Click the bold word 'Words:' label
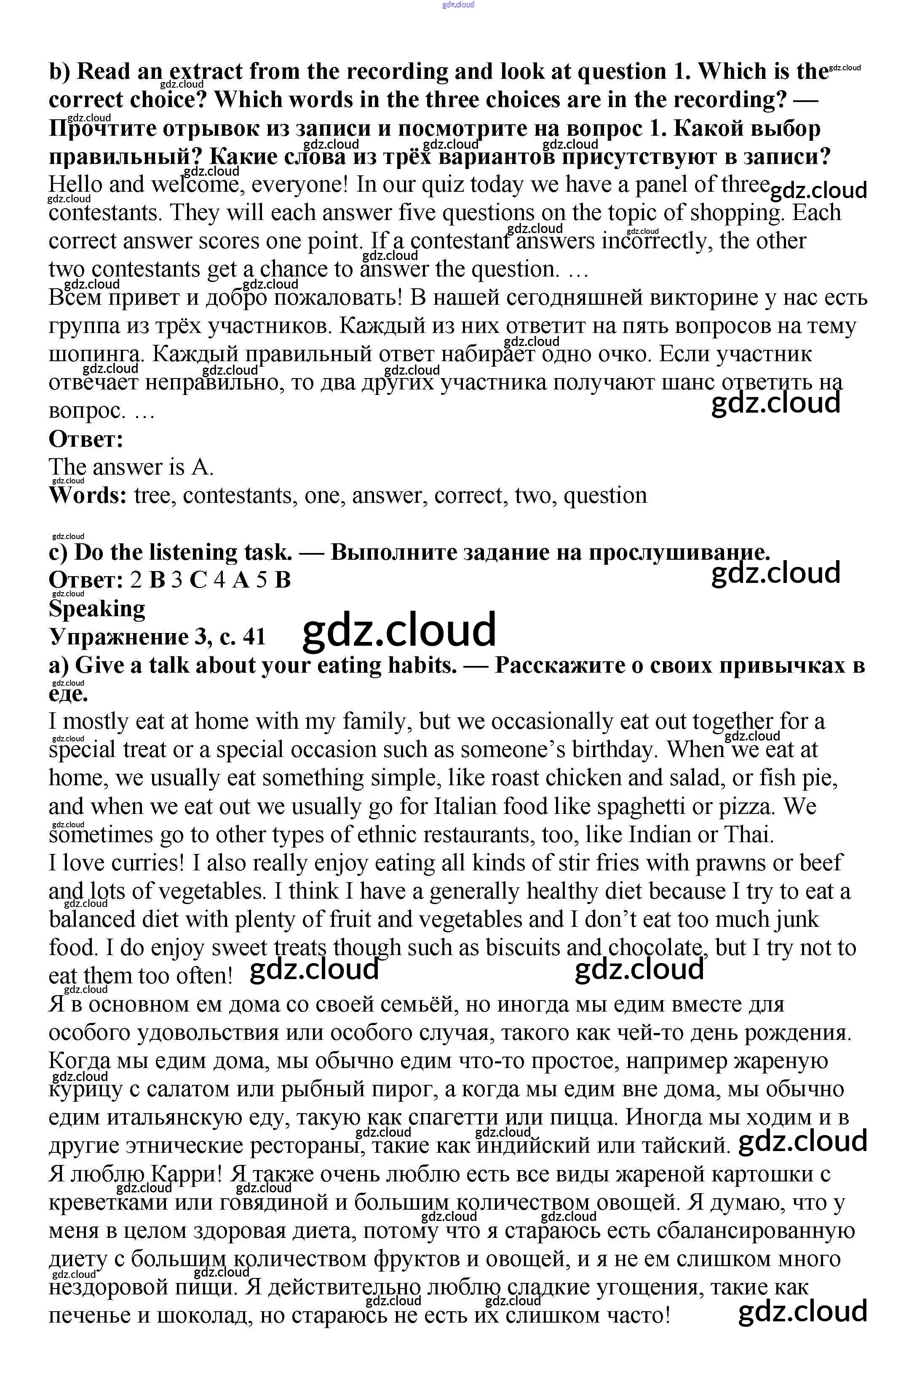pyautogui.click(x=88, y=496)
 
